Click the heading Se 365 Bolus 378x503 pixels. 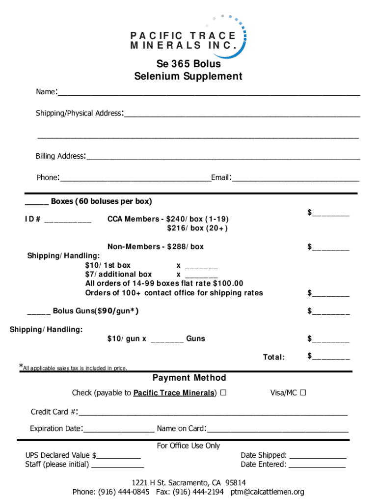[x=189, y=64]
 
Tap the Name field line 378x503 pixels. [x=209, y=92]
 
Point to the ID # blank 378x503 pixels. [x=68, y=221]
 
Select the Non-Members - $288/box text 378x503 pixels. [x=155, y=247]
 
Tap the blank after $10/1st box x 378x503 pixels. [x=201, y=267]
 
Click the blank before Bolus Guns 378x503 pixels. [x=38, y=313]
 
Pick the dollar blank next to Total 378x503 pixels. [x=331, y=358]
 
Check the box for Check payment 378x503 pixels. [x=223, y=393]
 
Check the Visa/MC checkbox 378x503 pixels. [x=303, y=393]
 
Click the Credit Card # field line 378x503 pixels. [x=213, y=413]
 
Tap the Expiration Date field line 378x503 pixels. [x=119, y=430]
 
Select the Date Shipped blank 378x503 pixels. [x=318, y=457]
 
